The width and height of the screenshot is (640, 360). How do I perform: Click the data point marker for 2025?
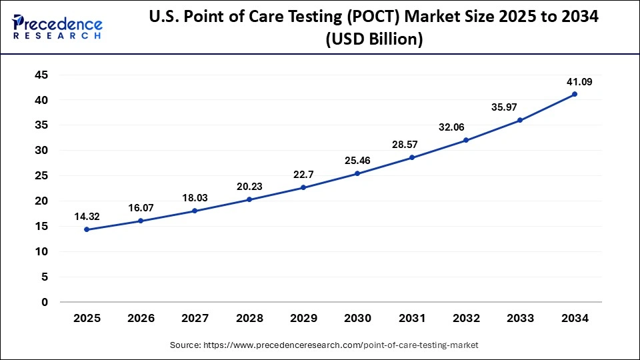(x=87, y=229)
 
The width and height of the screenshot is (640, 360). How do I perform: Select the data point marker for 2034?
(x=575, y=94)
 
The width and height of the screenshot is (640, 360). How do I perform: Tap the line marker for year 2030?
(x=357, y=173)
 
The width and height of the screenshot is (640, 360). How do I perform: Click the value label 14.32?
(x=87, y=217)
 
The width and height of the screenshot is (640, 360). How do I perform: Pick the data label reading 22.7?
(x=303, y=175)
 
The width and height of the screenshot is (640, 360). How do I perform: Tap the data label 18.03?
(x=195, y=198)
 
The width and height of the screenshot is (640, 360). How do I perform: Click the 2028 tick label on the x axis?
(x=249, y=319)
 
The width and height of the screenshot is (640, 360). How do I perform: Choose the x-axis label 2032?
(x=466, y=319)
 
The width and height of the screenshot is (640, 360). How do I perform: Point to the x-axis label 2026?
(x=141, y=319)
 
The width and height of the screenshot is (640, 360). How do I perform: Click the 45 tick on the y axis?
(x=41, y=75)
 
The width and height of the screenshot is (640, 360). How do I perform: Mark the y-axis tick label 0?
(x=45, y=302)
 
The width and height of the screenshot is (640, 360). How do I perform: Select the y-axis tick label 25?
(x=41, y=176)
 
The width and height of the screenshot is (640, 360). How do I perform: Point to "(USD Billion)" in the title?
(x=374, y=39)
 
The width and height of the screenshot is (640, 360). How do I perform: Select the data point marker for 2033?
(x=520, y=120)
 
